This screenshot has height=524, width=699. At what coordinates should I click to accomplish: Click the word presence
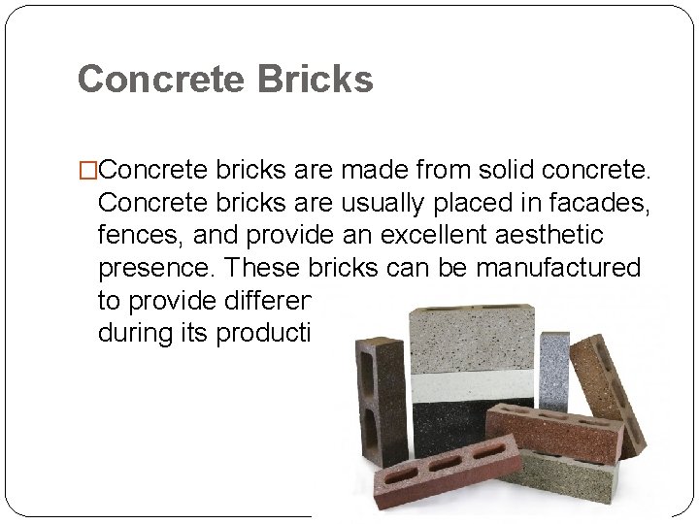pyautogui.click(x=146, y=267)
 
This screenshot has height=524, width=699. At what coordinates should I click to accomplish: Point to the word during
pyautogui.click(x=131, y=331)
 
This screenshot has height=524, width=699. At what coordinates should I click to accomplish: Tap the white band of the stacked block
pyautogui.click(x=473, y=386)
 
